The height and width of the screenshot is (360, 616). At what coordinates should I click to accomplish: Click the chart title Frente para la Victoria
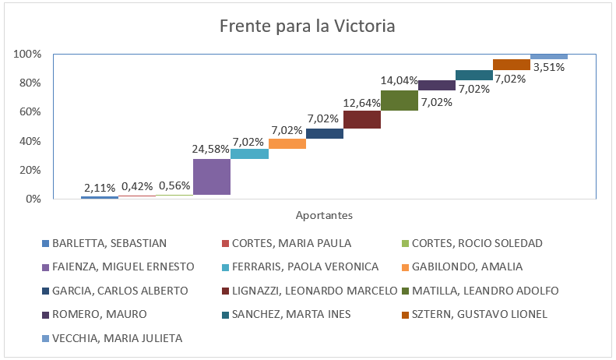point(308,26)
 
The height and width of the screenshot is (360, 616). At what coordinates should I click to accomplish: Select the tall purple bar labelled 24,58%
point(212,176)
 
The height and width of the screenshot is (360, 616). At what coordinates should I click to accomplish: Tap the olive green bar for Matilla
point(400,100)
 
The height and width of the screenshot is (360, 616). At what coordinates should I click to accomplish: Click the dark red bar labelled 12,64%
point(362,119)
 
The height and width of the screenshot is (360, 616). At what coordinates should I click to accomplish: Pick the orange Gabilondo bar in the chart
point(287,143)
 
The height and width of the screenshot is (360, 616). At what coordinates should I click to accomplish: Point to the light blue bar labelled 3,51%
point(549,57)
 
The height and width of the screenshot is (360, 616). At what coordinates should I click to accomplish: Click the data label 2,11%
point(100,188)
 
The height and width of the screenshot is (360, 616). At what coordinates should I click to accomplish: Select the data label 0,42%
point(137,187)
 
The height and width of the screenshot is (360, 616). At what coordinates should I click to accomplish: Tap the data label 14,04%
point(400,80)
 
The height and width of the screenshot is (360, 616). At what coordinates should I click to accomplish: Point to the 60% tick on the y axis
point(29,112)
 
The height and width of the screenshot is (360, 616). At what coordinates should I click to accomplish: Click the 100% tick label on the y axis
point(26,55)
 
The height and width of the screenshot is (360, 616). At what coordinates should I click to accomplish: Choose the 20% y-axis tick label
point(29,170)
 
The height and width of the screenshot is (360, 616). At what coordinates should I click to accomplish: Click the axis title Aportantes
point(324,214)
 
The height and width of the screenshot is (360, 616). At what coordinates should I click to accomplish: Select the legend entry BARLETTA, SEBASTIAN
point(110,243)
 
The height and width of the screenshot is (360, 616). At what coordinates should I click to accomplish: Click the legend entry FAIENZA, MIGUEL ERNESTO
point(123,266)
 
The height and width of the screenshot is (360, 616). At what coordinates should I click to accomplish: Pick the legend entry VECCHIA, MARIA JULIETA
point(117,338)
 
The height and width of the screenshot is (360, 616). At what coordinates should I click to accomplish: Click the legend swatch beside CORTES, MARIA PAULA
point(226,243)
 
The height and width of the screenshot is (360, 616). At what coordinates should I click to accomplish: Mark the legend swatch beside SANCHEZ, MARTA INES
point(226,314)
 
